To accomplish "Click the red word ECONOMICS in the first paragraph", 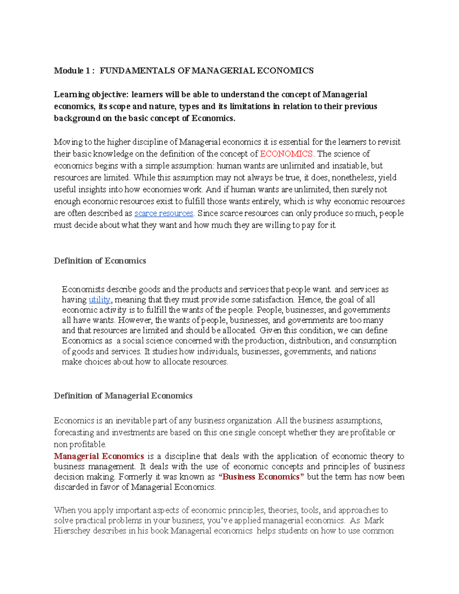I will pos(286,154).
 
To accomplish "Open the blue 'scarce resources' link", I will pos(164,213).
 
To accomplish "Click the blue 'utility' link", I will pos(99,300).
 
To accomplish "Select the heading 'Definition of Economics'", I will pos(100,261).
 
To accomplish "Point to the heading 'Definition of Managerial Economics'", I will pos(123,396).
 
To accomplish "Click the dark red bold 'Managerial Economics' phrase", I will pos(99,456).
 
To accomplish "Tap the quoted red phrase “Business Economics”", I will pos(261,477).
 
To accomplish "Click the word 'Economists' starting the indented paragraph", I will pos(83,290).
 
